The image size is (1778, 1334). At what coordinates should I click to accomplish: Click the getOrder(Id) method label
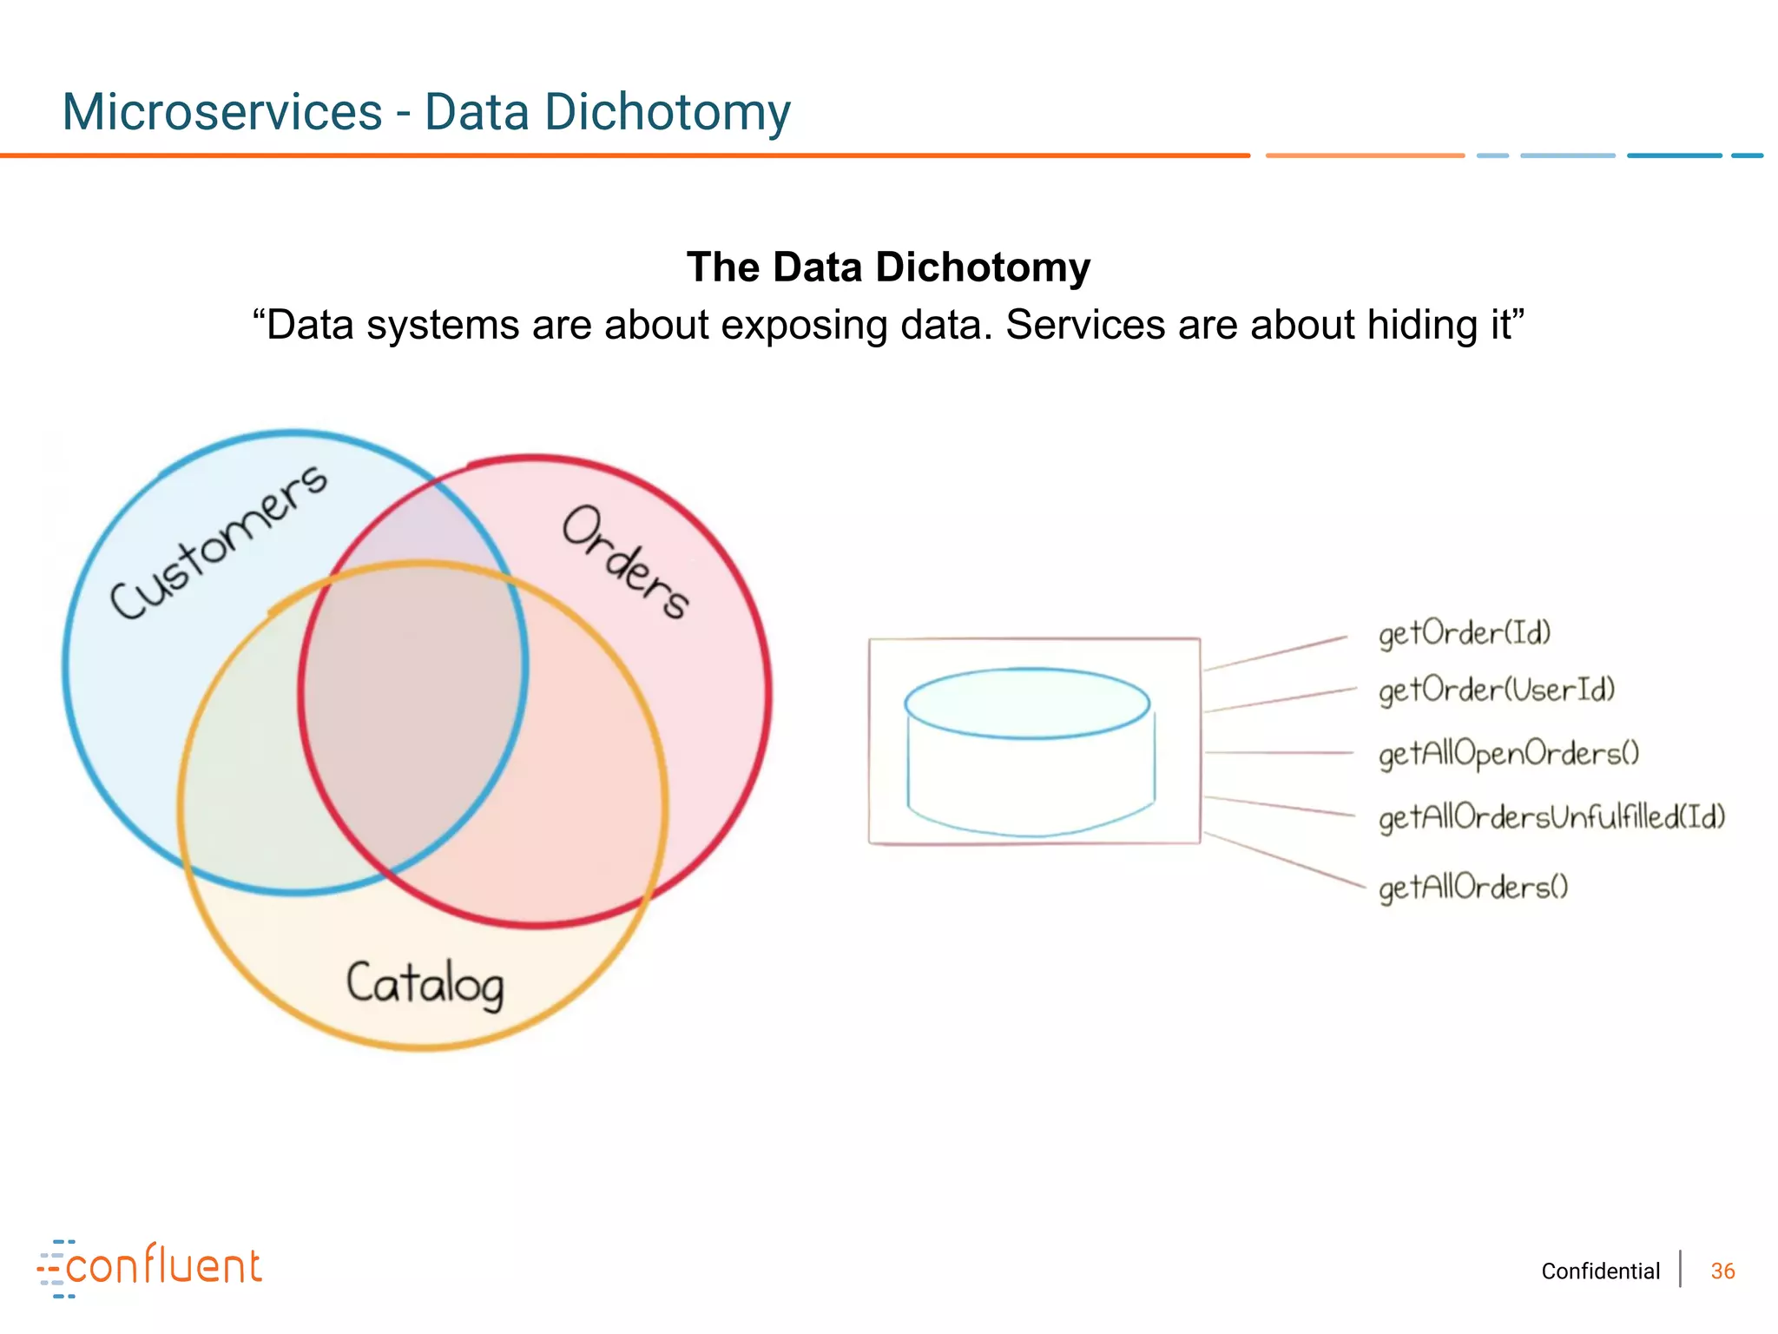1465,633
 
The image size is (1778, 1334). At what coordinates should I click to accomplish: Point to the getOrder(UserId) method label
1497,690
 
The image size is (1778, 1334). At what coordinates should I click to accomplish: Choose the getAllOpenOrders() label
1509,753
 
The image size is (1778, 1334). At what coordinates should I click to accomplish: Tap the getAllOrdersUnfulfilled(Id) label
1551,817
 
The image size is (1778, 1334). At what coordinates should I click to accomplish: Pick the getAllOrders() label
1473,887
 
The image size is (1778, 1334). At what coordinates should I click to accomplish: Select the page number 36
1722,1271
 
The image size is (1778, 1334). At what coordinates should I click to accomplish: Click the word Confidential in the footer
1600,1271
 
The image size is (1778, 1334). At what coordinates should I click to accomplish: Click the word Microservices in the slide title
222,112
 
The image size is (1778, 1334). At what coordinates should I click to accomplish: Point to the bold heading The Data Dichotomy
888,267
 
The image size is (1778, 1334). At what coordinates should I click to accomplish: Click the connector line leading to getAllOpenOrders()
1278,753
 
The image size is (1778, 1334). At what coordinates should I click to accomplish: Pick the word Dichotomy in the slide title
667,112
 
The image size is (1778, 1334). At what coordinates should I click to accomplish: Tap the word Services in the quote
1084,326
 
